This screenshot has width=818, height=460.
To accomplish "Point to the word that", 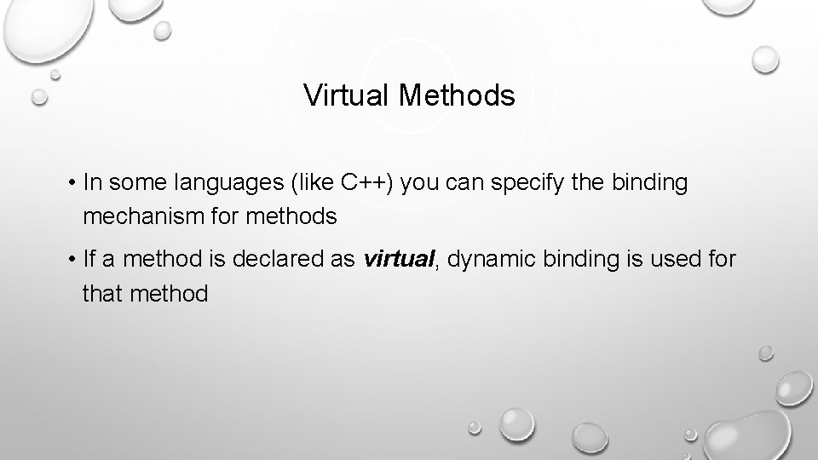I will click(101, 294).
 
